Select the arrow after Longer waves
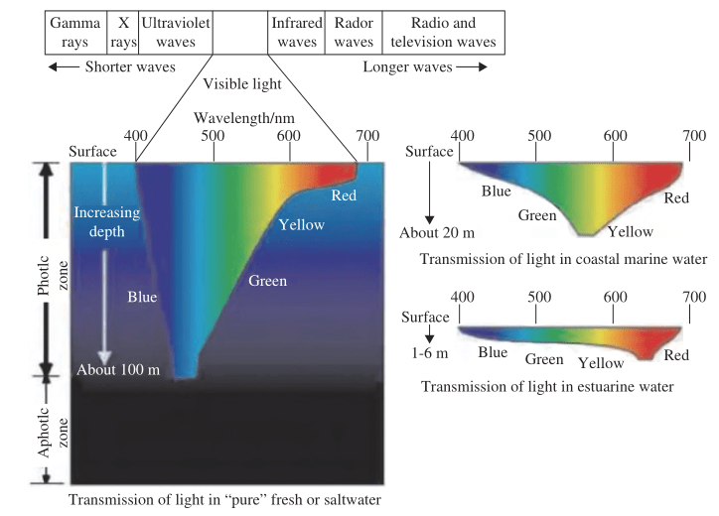(472, 66)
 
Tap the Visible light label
(242, 83)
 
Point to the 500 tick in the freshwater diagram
(213, 135)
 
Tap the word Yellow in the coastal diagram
(630, 231)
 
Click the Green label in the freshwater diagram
(266, 281)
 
